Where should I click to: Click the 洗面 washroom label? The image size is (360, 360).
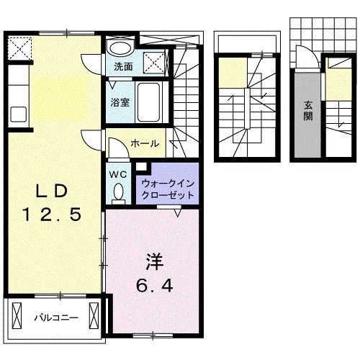pyautogui.click(x=123, y=68)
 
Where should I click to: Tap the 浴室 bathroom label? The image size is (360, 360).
pyautogui.click(x=120, y=102)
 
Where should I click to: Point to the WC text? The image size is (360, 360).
pyautogui.click(x=119, y=174)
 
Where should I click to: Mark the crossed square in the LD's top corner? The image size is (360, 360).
pyautogui.click(x=19, y=48)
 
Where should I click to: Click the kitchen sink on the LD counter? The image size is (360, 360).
pyautogui.click(x=17, y=114)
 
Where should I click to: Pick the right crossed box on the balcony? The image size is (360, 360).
pyautogui.click(x=96, y=316)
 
